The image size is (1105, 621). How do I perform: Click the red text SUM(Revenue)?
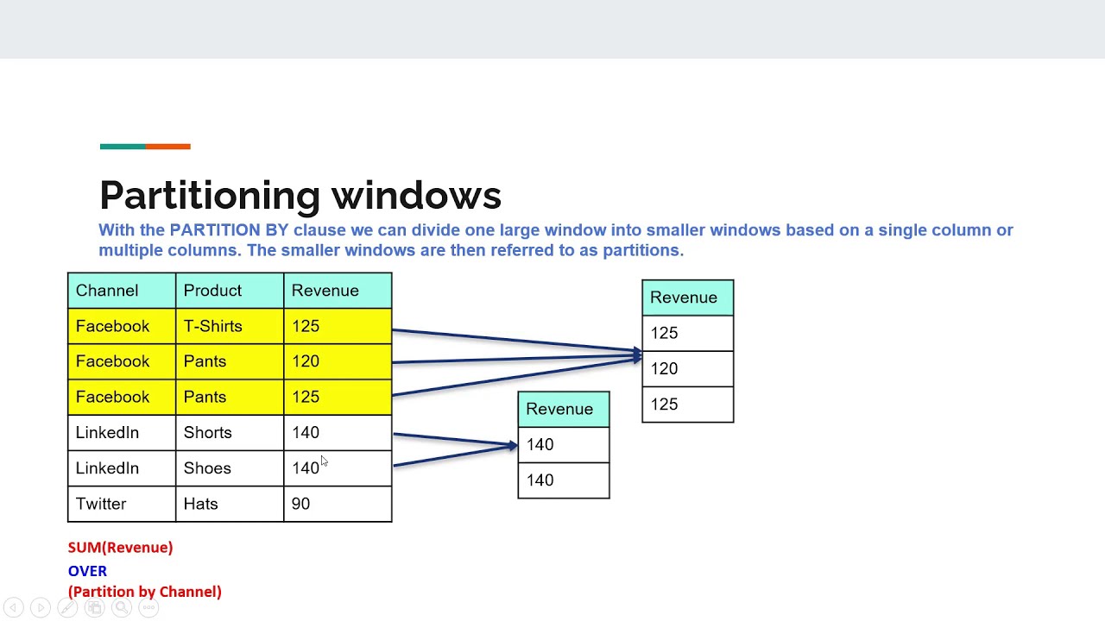coord(120,548)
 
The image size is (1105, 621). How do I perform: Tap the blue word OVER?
coord(87,571)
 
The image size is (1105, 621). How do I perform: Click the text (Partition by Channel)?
coord(144,592)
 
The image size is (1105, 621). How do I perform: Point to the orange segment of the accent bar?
coord(168,147)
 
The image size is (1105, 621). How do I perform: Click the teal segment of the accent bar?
coord(123,147)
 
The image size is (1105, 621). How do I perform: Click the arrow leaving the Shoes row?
coord(453,455)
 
